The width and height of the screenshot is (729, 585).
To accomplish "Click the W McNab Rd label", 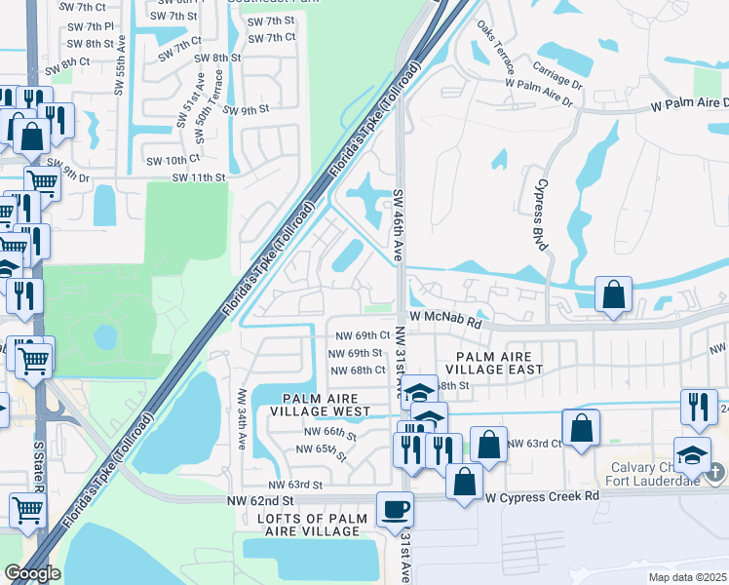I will [445, 318].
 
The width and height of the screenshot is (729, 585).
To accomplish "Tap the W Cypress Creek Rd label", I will [542, 495].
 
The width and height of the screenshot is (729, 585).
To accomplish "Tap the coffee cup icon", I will [395, 509].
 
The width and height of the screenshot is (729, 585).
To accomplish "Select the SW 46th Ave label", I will [398, 224].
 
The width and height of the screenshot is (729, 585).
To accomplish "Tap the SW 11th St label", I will [199, 177].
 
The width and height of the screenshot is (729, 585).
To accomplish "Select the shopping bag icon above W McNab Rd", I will [613, 295].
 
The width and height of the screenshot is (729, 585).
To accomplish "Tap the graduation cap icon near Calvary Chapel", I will [691, 454].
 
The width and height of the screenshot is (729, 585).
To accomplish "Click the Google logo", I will [32, 573].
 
